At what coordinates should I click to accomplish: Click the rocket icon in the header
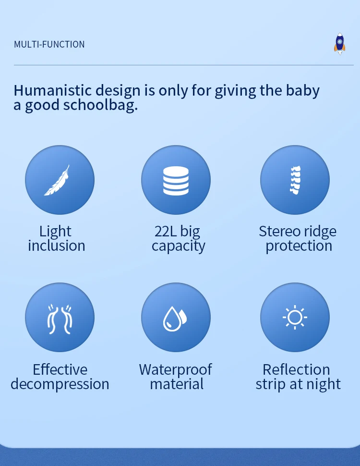(339, 44)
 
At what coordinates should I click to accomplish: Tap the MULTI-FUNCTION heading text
(49, 45)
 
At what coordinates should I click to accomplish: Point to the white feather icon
(57, 180)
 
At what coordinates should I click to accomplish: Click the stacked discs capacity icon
(176, 181)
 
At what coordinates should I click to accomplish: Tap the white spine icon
(295, 180)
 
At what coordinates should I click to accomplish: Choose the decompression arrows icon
(60, 319)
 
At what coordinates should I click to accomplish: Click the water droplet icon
(175, 319)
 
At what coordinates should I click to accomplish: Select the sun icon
(295, 317)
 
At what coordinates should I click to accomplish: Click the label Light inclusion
(57, 238)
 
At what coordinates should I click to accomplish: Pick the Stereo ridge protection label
(298, 238)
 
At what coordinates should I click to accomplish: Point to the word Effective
(60, 370)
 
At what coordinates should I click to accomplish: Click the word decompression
(60, 384)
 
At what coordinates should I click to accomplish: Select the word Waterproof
(176, 370)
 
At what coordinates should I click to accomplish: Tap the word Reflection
(296, 370)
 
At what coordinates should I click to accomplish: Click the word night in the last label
(324, 384)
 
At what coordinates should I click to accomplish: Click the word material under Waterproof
(177, 384)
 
